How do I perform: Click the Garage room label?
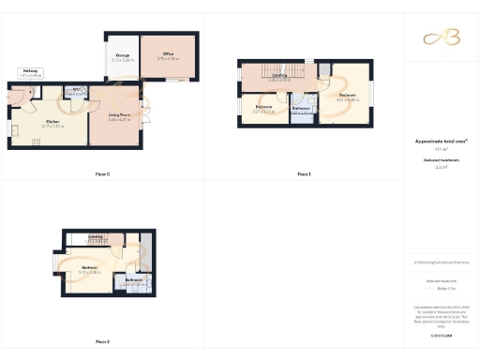coord(122,55)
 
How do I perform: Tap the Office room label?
coord(169,54)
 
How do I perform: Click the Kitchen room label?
coord(54,120)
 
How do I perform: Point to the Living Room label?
coord(118,113)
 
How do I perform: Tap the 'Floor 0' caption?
coord(102,174)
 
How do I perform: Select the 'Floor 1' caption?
coord(303,174)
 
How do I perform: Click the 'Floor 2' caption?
coord(102,341)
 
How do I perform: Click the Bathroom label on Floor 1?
coord(301,108)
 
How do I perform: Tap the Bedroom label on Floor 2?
coord(90,268)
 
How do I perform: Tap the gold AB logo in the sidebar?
coord(441,37)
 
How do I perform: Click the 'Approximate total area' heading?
coord(441,142)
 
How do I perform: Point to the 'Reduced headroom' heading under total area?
coord(441,160)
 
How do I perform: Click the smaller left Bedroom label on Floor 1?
coord(264,106)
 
